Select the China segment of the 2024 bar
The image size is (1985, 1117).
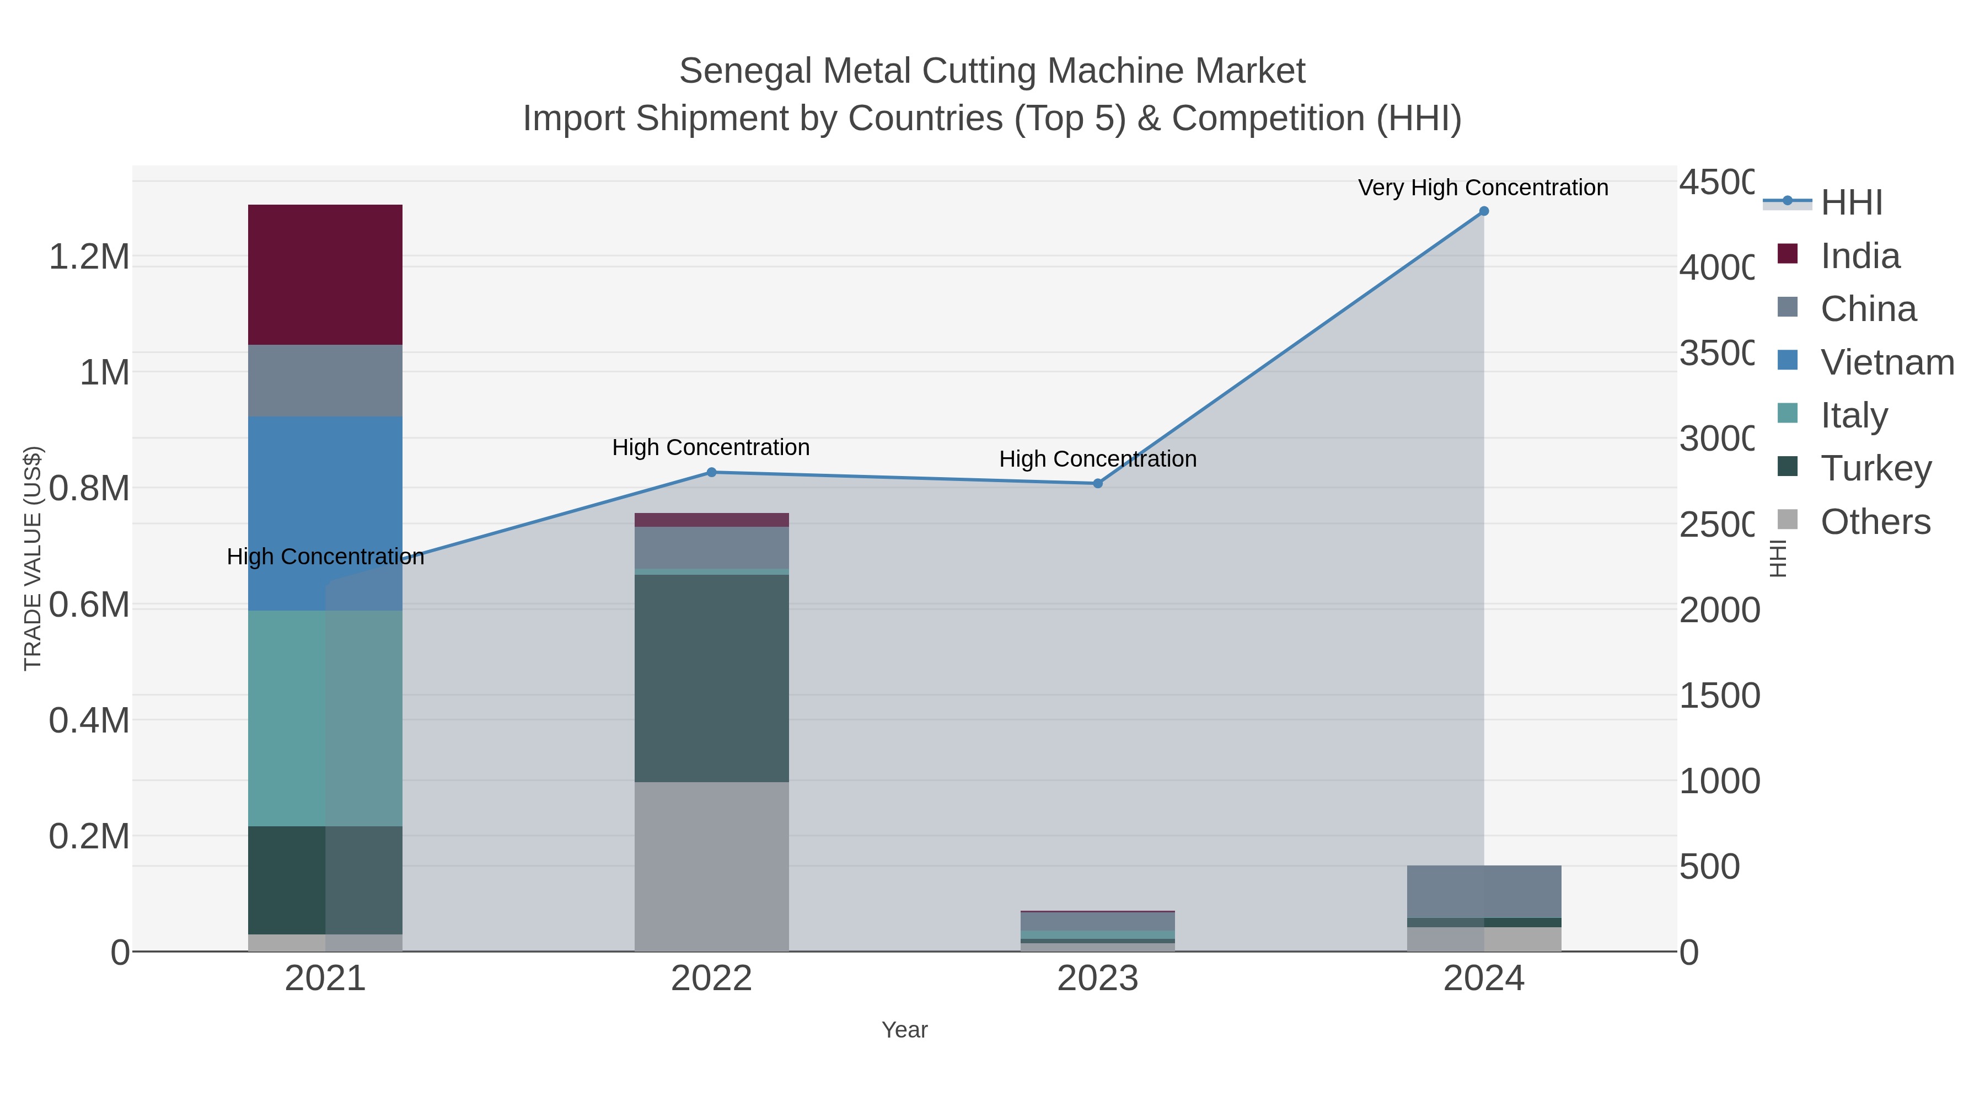(x=1483, y=891)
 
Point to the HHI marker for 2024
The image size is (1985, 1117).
(x=1483, y=211)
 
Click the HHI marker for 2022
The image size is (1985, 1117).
(x=711, y=473)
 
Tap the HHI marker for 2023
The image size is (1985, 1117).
(x=1097, y=483)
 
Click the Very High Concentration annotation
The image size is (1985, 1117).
(x=1483, y=188)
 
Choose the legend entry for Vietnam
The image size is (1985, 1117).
(x=1886, y=362)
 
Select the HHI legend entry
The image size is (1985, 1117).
(x=1851, y=203)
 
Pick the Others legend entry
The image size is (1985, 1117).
(x=1875, y=522)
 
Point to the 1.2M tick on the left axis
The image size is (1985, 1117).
(x=89, y=256)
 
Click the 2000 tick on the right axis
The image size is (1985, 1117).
(x=1718, y=611)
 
